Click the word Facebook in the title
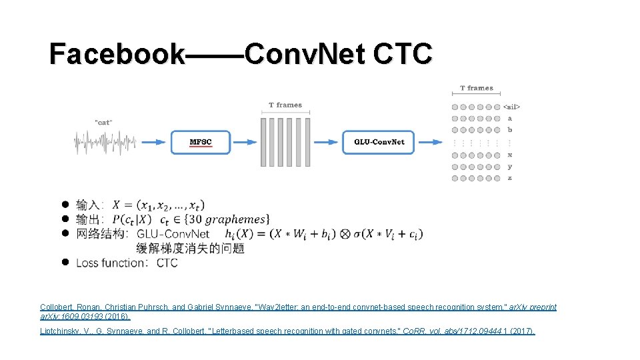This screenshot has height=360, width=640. coord(117,54)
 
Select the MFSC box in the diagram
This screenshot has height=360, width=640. coord(201,142)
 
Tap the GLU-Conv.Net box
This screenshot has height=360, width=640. coord(379,142)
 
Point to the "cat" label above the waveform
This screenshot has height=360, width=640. coord(103,121)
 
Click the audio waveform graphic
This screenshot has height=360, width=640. coord(105,142)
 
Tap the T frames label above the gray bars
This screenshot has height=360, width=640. coord(285,105)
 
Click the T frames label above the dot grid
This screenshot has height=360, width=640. coord(477,88)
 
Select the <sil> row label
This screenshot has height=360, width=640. coord(512,107)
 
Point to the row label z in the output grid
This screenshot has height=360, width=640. coord(510,178)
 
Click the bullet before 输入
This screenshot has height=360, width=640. coord(65,204)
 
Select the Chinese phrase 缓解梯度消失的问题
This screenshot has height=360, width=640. coord(190,248)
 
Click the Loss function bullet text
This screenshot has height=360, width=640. coord(127,263)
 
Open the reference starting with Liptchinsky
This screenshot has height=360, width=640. coord(287,331)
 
